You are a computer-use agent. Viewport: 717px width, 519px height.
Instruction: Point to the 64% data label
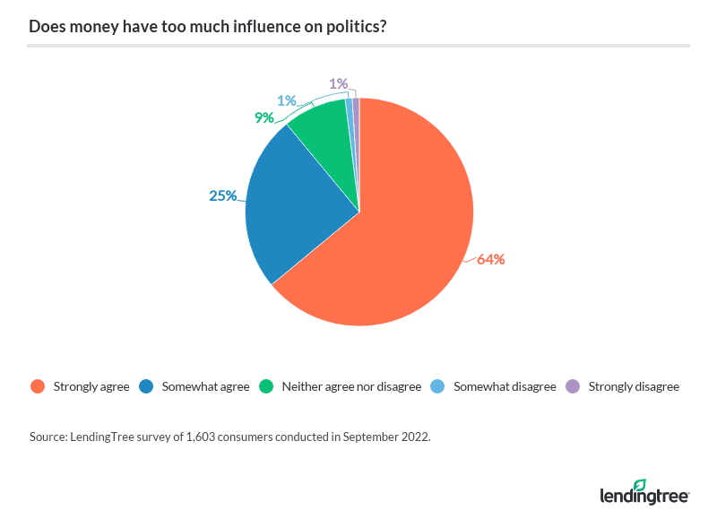coord(491,260)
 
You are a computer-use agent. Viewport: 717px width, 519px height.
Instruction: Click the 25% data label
coord(222,195)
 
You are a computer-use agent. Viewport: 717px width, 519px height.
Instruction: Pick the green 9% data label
coord(263,117)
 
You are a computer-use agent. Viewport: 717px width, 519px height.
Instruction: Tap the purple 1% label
coord(338,83)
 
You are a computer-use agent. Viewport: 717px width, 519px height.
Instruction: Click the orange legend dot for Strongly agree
coord(37,387)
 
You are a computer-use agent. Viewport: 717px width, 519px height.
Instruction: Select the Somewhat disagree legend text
coord(505,387)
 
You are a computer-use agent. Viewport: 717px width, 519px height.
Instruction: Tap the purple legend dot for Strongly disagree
coord(571,387)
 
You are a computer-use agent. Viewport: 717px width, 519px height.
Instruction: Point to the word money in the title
coord(88,26)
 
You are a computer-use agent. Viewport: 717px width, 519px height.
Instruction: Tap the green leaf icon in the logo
coord(639,485)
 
